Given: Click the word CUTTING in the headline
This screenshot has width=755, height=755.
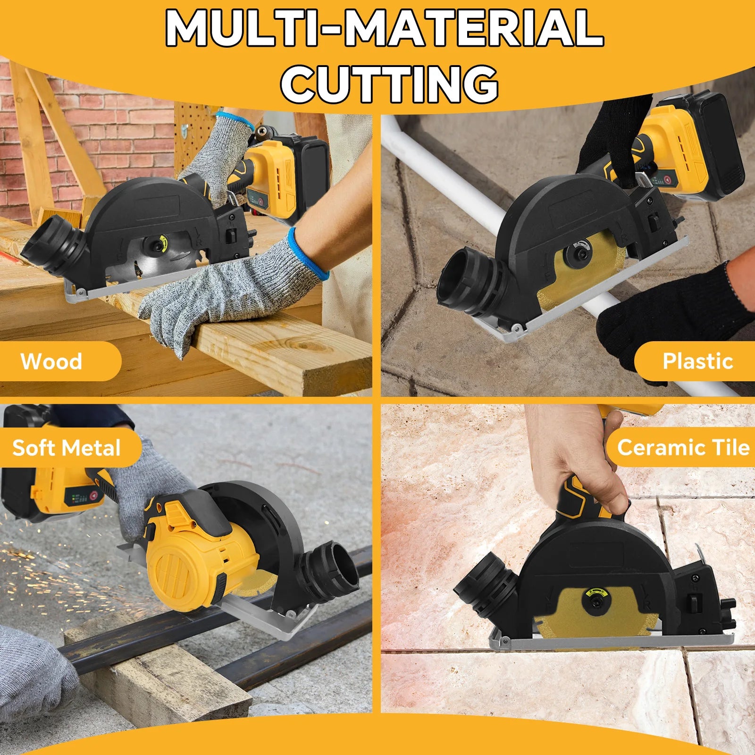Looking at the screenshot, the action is (390, 84).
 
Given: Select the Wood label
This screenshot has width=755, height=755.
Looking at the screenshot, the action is (51, 361).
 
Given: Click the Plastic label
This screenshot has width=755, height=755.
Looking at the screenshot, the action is (698, 361).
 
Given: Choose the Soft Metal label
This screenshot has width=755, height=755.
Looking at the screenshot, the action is (67, 448).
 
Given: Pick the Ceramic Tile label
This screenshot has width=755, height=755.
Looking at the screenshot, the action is (683, 447).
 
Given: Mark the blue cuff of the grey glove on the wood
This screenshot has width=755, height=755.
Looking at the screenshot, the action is (307, 252).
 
